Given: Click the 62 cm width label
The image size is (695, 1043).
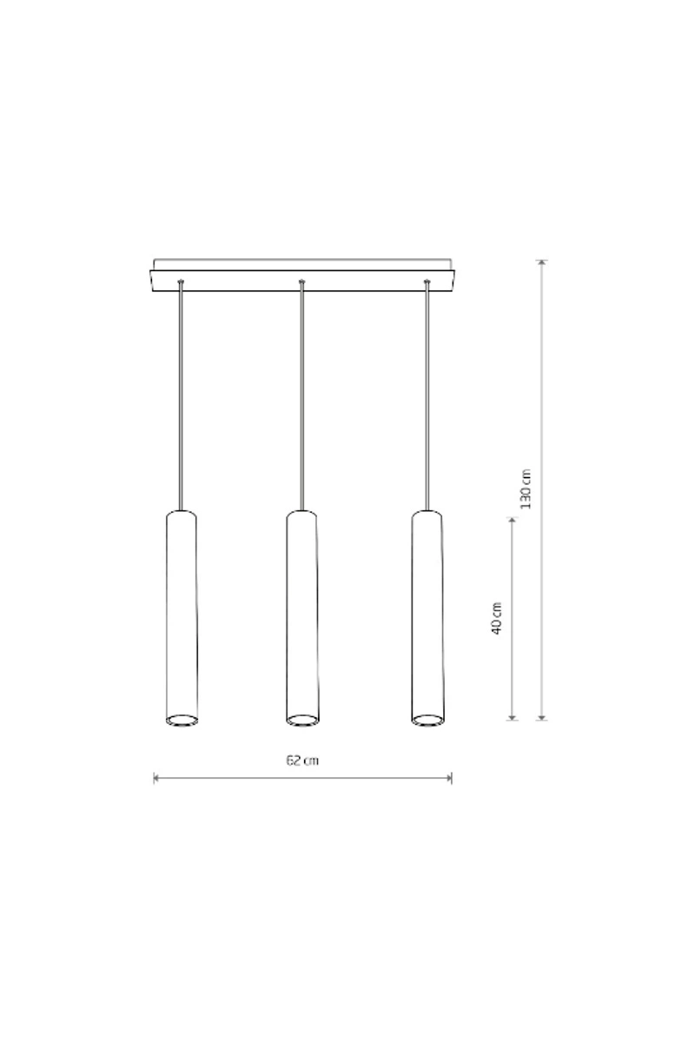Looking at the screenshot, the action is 302,761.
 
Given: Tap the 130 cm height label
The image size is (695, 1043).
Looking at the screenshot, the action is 526,488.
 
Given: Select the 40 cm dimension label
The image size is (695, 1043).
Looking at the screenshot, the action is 496,618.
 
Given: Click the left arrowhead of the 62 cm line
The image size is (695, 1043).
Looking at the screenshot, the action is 156,778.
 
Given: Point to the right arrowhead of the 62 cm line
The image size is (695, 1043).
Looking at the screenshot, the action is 448,778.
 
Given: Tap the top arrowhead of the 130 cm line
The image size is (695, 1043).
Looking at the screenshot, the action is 541,263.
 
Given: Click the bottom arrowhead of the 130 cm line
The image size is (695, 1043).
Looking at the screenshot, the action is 541,716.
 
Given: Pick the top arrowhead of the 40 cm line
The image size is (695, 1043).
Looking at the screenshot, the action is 512,521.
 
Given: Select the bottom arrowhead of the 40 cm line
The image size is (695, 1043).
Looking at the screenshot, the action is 512,716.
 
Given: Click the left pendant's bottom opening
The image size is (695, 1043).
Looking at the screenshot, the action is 182,721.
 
